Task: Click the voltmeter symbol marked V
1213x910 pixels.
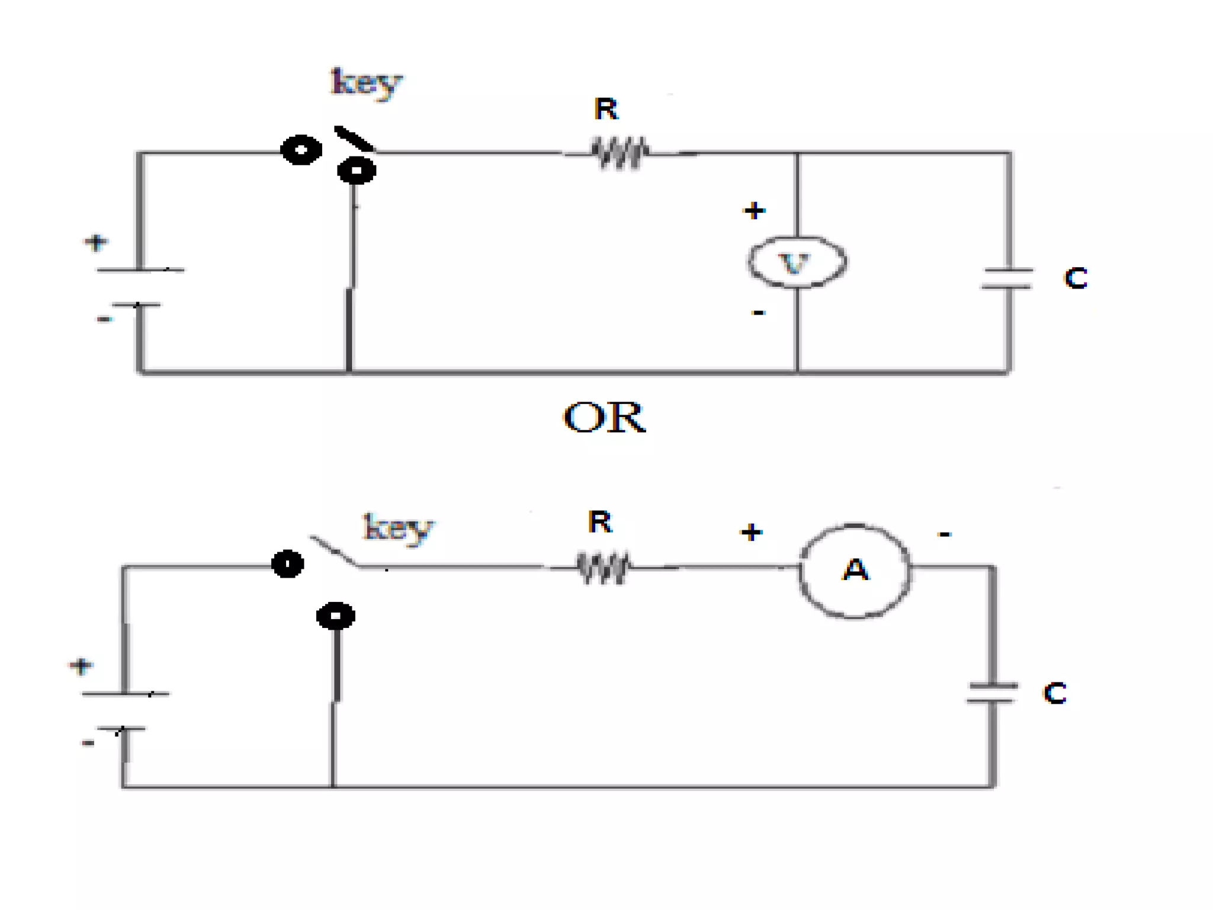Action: click(x=797, y=262)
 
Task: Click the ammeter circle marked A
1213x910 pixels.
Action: click(x=855, y=571)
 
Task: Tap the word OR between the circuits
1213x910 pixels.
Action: click(x=604, y=417)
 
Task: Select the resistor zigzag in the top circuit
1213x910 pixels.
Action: click(x=620, y=153)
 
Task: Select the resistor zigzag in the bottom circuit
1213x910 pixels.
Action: click(x=604, y=568)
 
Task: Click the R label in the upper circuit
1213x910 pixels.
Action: click(x=606, y=109)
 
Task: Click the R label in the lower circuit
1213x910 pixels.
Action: click(x=599, y=522)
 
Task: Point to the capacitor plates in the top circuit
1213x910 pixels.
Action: click(x=1007, y=278)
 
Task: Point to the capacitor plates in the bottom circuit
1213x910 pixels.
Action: click(x=992, y=693)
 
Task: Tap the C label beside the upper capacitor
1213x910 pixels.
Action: click(x=1076, y=278)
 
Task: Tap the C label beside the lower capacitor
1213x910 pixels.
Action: click(x=1055, y=693)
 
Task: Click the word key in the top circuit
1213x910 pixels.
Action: click(x=367, y=84)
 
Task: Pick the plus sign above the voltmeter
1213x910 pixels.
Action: click(x=754, y=210)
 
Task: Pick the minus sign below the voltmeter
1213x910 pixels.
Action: click(x=758, y=312)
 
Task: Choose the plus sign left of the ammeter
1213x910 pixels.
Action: click(x=751, y=532)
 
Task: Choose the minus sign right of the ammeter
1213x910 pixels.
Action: click(x=945, y=534)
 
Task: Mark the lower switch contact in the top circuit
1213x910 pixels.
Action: click(x=357, y=171)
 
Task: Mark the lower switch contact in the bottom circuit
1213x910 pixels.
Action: click(x=336, y=616)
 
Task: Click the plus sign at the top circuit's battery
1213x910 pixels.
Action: click(x=96, y=242)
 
